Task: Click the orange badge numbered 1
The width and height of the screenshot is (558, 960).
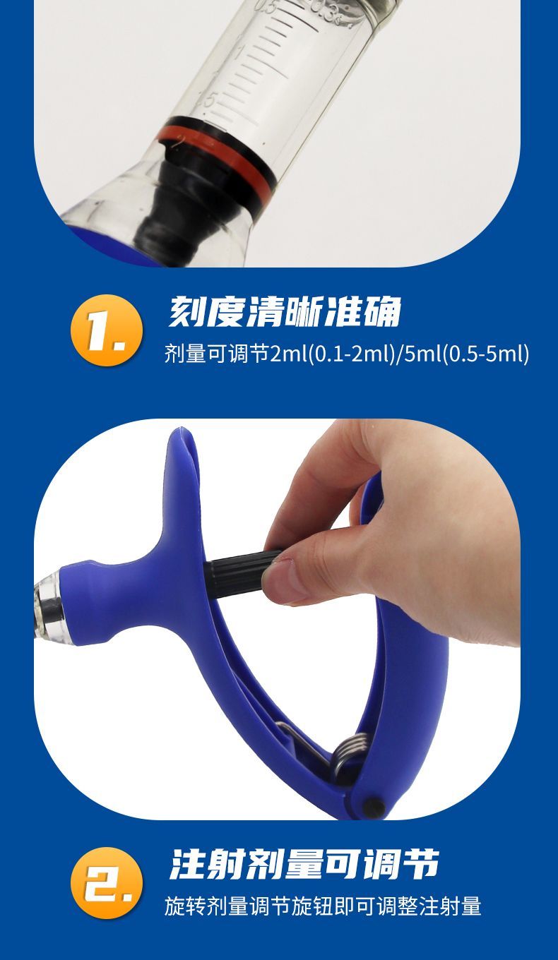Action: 107,330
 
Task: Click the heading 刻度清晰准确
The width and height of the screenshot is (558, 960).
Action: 285,311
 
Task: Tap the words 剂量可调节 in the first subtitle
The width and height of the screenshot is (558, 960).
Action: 217,354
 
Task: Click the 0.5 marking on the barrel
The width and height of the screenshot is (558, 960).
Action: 268,7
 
